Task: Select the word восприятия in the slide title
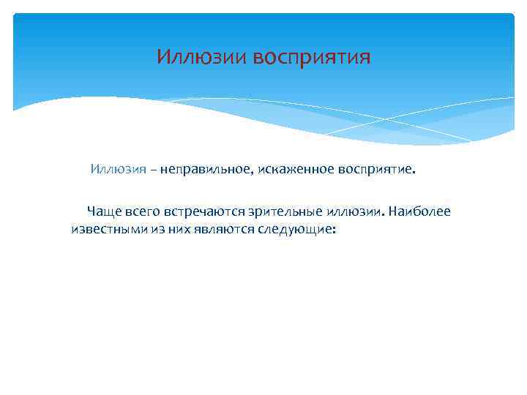point(313,58)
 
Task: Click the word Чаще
point(104,211)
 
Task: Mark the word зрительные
point(283,211)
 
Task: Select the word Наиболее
point(420,211)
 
